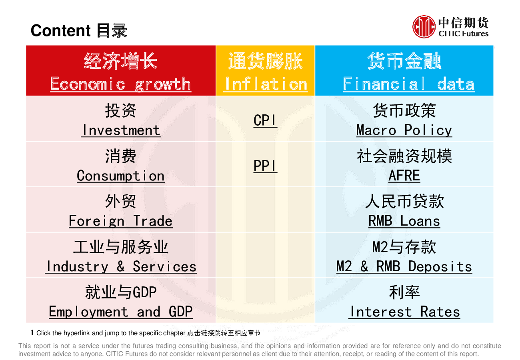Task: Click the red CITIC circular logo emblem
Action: (x=424, y=27)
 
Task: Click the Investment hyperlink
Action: (x=121, y=130)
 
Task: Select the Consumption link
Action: (x=121, y=176)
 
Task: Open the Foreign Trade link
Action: (x=121, y=221)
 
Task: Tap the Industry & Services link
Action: (x=121, y=266)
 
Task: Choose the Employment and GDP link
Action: (x=121, y=312)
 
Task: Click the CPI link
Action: (x=265, y=120)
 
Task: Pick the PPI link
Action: (x=265, y=166)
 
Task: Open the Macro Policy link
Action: (x=404, y=130)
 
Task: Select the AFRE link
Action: (x=404, y=176)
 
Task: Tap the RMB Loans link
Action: (x=404, y=221)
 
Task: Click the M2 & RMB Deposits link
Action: (x=404, y=266)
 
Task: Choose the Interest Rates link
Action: (x=404, y=312)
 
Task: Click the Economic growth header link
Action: (x=121, y=84)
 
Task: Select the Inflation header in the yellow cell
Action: (x=265, y=84)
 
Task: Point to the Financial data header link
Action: (x=409, y=84)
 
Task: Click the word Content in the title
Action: (x=60, y=30)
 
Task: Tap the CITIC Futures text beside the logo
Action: (x=463, y=34)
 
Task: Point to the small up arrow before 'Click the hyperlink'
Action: (x=32, y=332)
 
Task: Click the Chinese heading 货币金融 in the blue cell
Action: (x=404, y=61)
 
